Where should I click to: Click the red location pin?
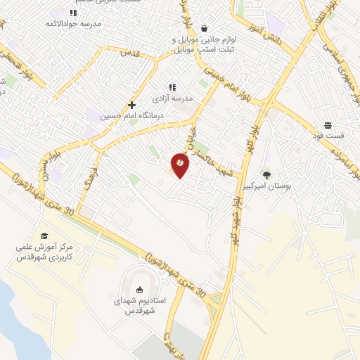click(x=180, y=165)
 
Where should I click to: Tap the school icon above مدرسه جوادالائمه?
click(x=72, y=13)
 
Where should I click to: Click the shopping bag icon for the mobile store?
click(x=204, y=29)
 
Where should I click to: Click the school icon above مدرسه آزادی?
click(x=172, y=87)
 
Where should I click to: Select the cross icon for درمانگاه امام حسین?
click(x=131, y=104)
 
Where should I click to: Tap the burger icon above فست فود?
click(x=328, y=124)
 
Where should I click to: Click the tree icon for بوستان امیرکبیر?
click(x=266, y=174)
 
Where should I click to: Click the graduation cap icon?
click(x=44, y=236)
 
